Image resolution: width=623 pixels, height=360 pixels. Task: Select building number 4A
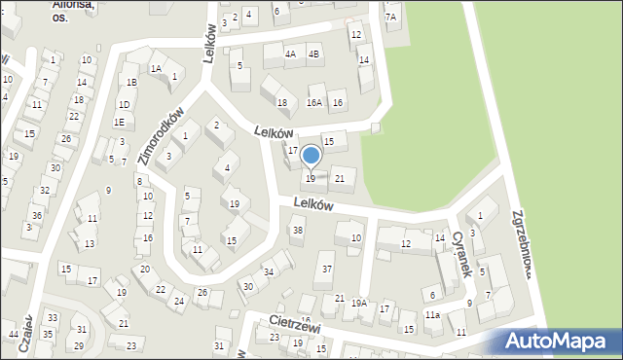(x=290, y=54)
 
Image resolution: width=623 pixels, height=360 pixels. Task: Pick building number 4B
(x=313, y=54)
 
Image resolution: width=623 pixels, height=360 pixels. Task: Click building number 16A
(x=313, y=102)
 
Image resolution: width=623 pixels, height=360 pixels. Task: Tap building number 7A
(x=390, y=17)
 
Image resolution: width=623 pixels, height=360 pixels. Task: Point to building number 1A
(x=156, y=68)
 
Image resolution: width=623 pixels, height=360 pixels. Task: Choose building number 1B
(x=131, y=83)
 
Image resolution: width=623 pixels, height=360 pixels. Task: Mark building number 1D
(x=124, y=104)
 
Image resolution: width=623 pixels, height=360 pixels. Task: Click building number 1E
(x=118, y=122)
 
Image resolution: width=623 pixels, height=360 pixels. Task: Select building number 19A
(x=359, y=304)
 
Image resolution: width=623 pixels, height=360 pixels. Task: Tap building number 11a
(x=432, y=315)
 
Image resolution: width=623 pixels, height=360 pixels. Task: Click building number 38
(x=298, y=231)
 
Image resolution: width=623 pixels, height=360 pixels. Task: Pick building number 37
(x=328, y=269)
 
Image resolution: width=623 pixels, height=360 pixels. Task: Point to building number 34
(x=269, y=270)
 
